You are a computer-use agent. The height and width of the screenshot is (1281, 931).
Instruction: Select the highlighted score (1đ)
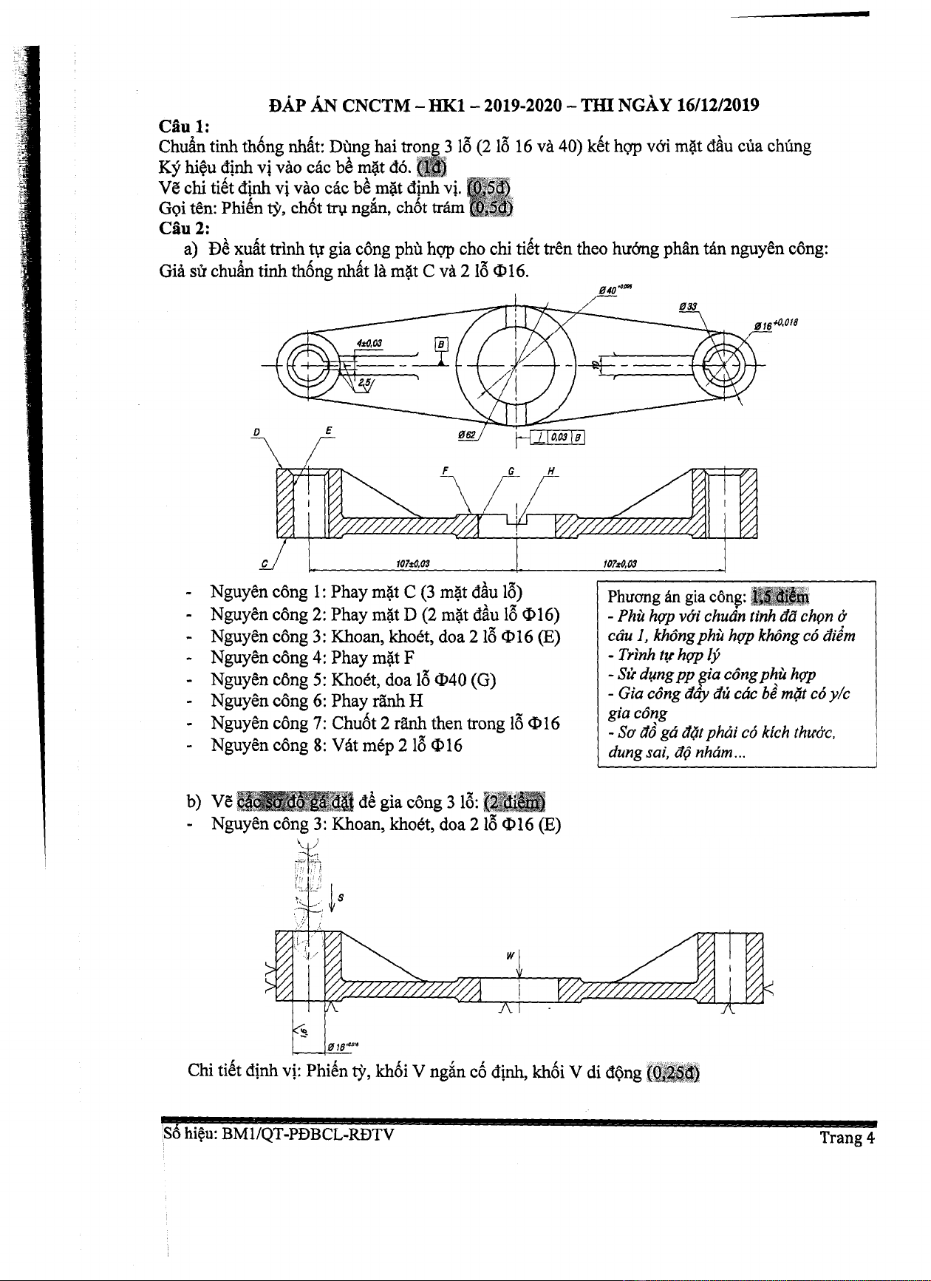(432, 166)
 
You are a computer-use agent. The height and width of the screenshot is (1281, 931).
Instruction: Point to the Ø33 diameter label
(687, 307)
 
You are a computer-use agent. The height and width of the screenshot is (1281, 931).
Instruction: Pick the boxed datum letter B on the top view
(441, 344)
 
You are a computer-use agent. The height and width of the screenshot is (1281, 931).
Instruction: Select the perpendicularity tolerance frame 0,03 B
(559, 438)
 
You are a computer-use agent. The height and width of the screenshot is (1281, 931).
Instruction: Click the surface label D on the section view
(256, 431)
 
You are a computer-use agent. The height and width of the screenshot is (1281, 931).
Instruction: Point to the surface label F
(446, 470)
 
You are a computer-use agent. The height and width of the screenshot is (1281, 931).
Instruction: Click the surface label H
(551, 470)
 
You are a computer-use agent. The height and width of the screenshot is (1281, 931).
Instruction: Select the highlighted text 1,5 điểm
(780, 597)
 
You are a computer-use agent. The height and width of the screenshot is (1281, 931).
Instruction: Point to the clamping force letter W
(510, 955)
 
